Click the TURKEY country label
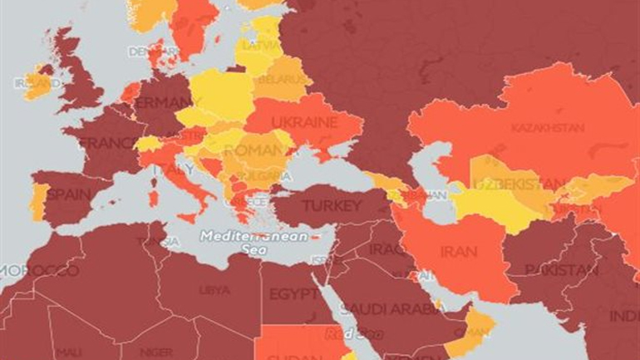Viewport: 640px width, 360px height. [332, 205]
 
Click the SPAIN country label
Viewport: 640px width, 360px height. [69, 195]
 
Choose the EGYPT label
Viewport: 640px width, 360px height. [292, 294]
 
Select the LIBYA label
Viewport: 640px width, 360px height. [209, 290]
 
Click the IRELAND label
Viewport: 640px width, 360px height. [32, 83]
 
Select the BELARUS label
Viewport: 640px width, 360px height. [278, 81]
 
